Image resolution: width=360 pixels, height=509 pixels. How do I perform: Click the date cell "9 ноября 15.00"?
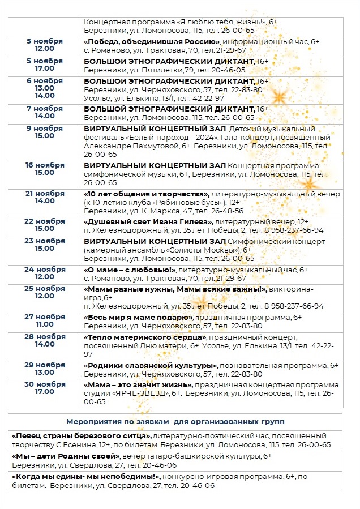(x=45, y=132)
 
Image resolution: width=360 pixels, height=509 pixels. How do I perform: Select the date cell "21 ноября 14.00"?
(x=45, y=197)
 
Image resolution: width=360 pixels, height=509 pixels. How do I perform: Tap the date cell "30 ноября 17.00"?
(x=45, y=388)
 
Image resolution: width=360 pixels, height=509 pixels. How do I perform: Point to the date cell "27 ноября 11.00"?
(x=45, y=320)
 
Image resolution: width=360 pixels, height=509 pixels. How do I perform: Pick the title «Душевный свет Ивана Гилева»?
(x=148, y=221)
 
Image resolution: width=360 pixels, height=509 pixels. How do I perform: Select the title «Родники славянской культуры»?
(x=151, y=365)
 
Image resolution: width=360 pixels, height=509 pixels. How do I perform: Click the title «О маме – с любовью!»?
(x=130, y=270)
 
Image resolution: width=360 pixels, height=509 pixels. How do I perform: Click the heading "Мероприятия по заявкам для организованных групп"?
(x=175, y=422)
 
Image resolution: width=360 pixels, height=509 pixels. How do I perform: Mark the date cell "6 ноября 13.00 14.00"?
(x=45, y=88)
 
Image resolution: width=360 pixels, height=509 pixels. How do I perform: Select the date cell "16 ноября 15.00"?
(x=45, y=169)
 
